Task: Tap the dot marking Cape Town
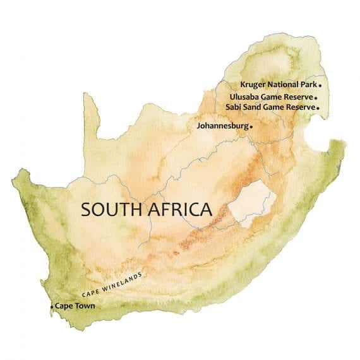coord(52,307)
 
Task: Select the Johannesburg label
coord(222,126)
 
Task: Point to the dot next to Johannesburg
coord(251,127)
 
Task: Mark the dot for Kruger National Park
coord(320,85)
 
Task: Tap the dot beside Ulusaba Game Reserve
coord(316,98)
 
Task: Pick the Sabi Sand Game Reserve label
coord(270,107)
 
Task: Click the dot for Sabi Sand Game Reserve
coord(318,108)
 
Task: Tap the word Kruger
coord(255,84)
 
